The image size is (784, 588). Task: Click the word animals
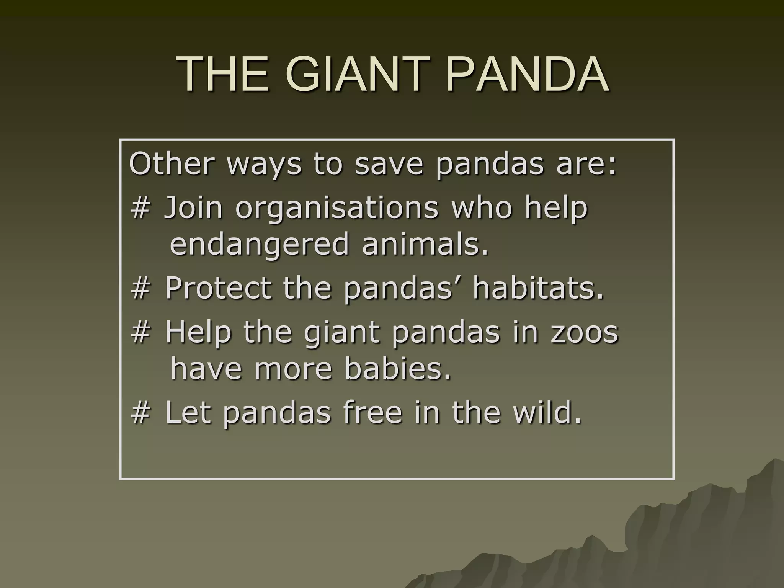point(425,244)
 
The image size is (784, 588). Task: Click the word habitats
point(538,288)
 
